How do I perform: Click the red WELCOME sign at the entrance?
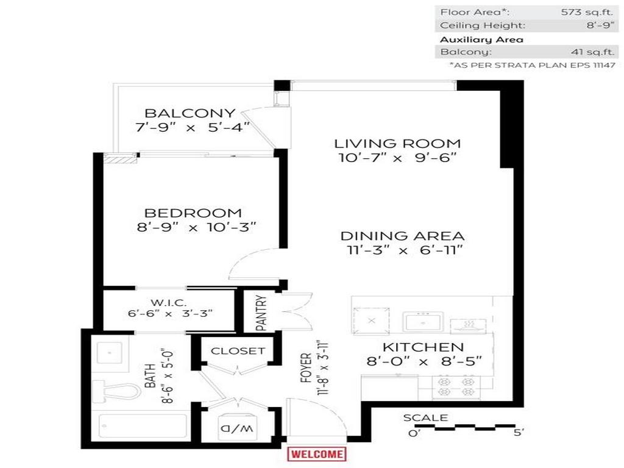click(316, 454)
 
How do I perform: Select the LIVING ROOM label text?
click(397, 144)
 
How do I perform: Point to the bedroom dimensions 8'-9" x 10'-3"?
click(193, 227)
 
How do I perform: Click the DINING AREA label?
click(402, 236)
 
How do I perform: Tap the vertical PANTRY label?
click(261, 313)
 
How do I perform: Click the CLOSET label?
click(238, 351)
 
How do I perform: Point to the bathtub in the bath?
click(143, 427)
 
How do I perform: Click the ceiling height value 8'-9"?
click(600, 25)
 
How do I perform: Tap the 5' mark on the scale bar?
click(519, 432)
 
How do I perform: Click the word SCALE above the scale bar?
click(425, 418)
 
